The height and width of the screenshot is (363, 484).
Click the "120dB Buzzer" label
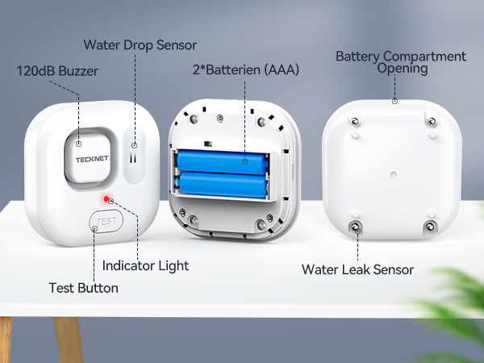pyautogui.click(x=57, y=71)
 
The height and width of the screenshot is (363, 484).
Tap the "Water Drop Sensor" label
pyautogui.click(x=140, y=44)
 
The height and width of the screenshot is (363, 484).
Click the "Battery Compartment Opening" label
pyautogui.click(x=401, y=62)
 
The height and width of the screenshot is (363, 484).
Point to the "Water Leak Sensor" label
pyautogui.click(x=357, y=269)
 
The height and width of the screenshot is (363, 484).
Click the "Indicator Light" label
pyautogui.click(x=145, y=264)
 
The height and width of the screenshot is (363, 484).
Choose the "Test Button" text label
pyautogui.click(x=83, y=287)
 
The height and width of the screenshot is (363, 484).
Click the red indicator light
pyautogui.click(x=105, y=199)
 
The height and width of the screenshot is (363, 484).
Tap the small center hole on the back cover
pyautogui.click(x=393, y=171)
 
